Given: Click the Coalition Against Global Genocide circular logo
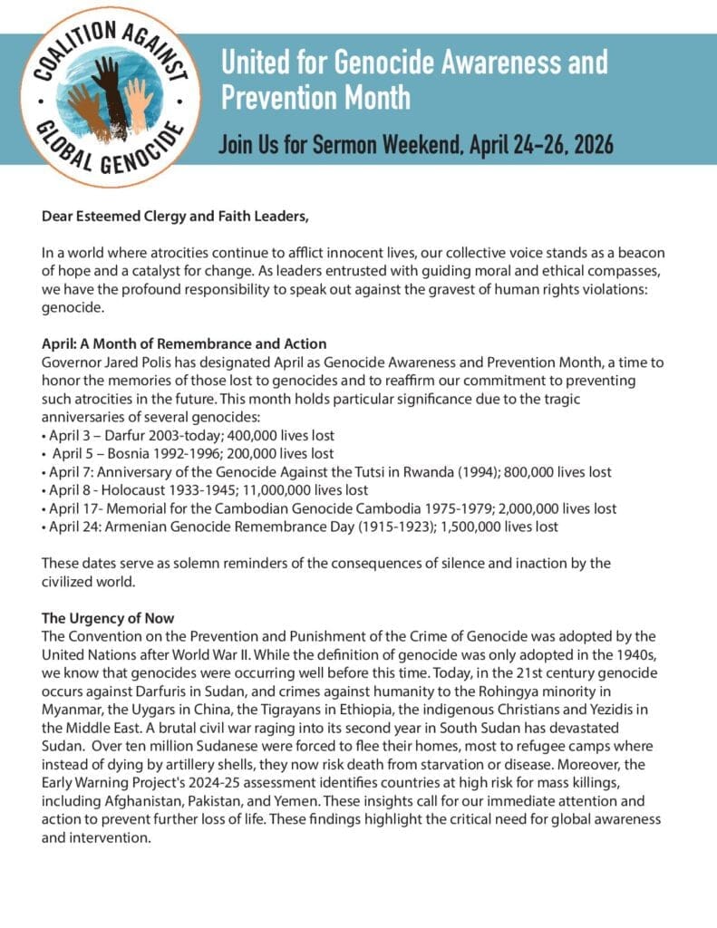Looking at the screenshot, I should [104, 95].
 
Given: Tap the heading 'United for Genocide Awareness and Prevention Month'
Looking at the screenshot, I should [414, 79].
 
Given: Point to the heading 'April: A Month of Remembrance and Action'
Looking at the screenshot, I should [184, 343].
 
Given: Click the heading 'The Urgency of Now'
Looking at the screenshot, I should [108, 618].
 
